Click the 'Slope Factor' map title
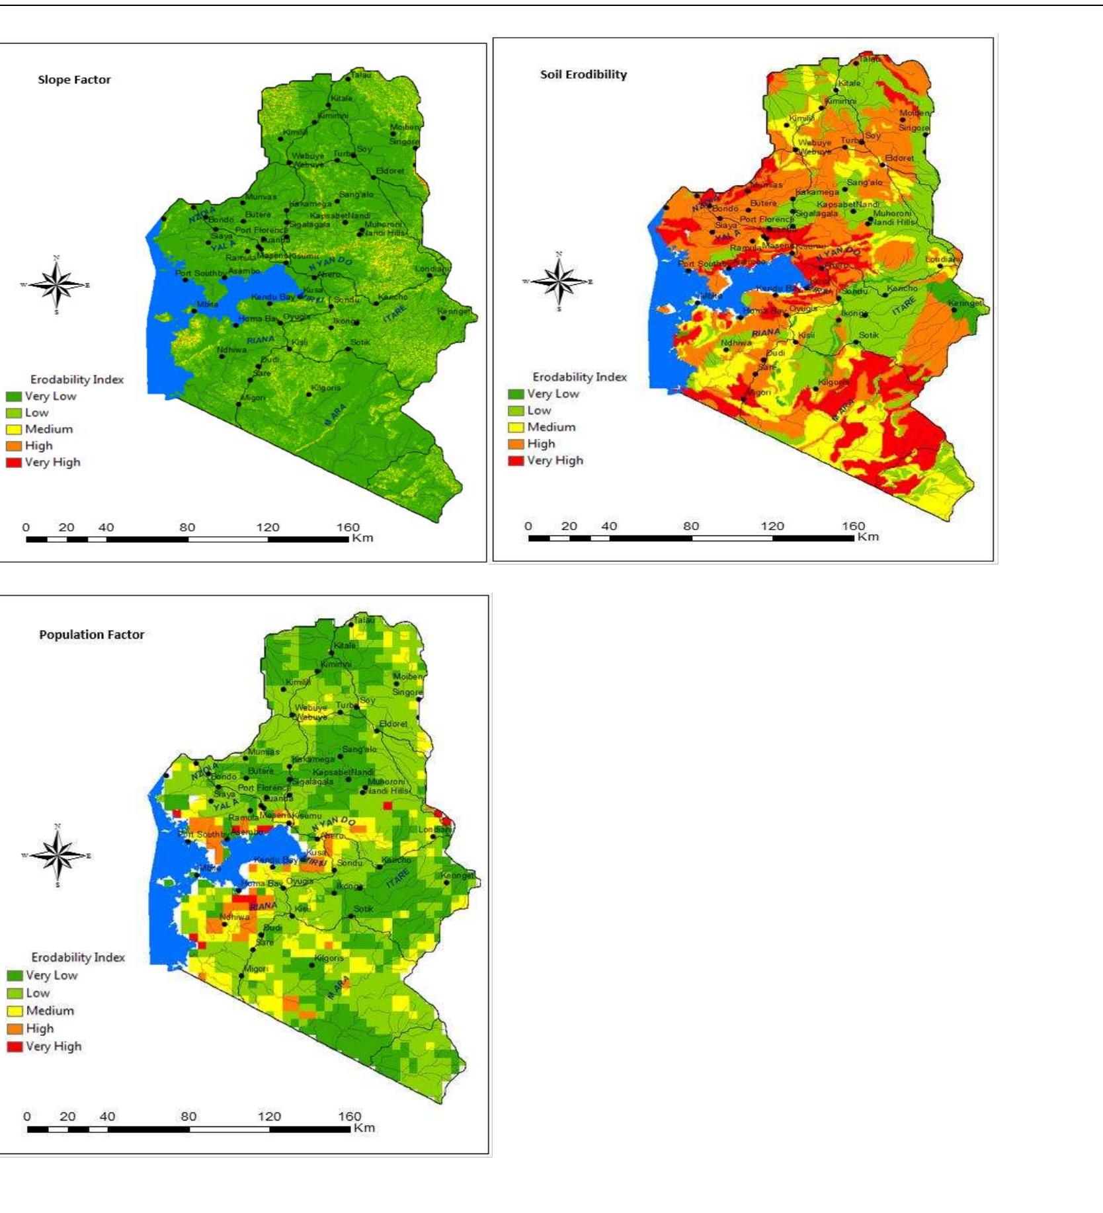[74, 80]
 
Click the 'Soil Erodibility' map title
[583, 75]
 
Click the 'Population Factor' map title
[91, 635]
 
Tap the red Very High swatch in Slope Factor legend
[14, 463]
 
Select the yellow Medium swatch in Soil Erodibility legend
[516, 427]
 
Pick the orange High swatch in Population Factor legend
[15, 1029]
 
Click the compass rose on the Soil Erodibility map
[559, 282]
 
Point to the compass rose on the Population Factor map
[58, 855]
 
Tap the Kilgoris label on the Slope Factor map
[325, 388]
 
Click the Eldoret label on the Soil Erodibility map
[899, 158]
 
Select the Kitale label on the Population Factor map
[345, 645]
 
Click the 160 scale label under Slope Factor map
[348, 528]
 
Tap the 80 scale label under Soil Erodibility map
[690, 526]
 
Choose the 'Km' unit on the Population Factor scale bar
[364, 1128]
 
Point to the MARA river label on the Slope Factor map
[335, 414]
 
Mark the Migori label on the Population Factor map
[255, 968]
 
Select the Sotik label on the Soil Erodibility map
[868, 335]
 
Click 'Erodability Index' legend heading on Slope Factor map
[77, 379]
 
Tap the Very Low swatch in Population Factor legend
[15, 975]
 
